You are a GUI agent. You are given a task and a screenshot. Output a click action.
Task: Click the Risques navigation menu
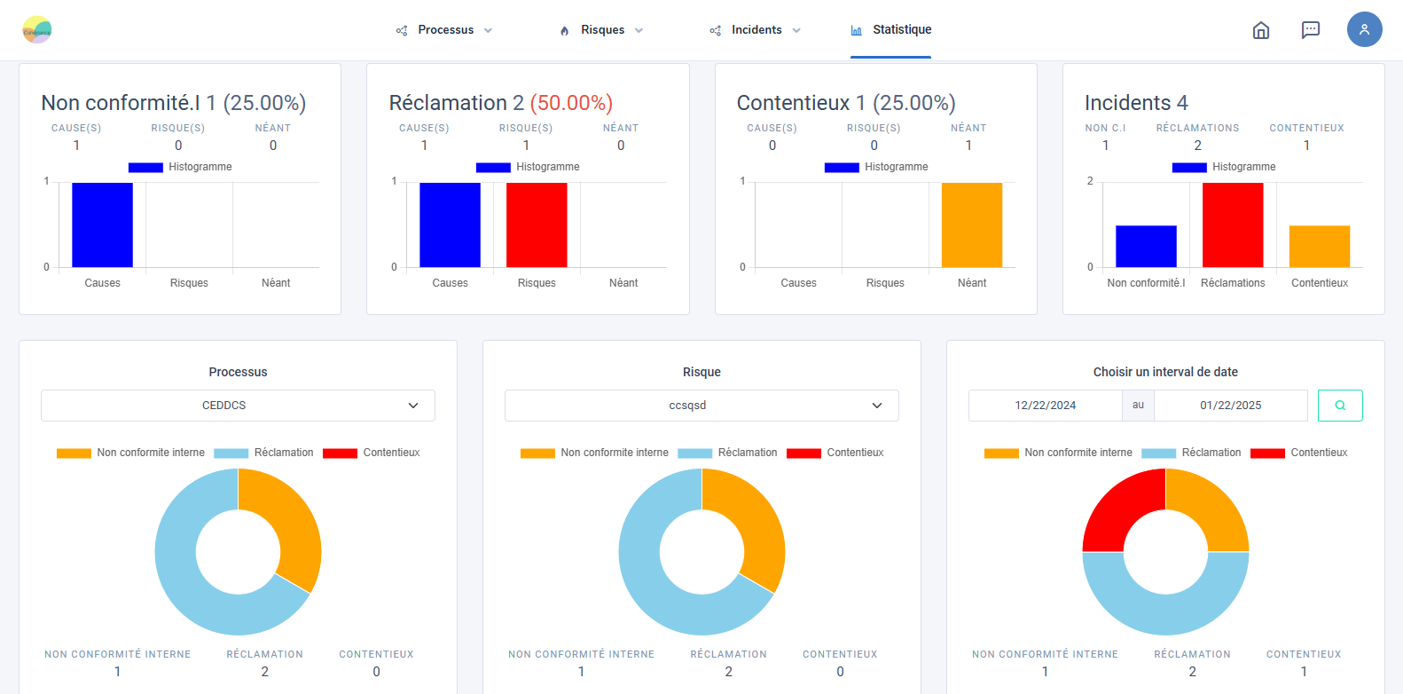(x=602, y=30)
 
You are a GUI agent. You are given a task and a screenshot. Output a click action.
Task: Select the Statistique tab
(x=891, y=30)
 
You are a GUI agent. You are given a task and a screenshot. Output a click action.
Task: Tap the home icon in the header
(x=1260, y=30)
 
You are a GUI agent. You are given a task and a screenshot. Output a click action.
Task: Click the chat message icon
(x=1310, y=30)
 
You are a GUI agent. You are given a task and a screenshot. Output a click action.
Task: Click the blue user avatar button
(x=1364, y=29)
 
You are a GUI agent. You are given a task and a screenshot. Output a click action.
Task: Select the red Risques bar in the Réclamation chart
(x=537, y=225)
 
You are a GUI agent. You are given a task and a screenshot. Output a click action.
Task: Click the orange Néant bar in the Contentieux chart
(x=972, y=225)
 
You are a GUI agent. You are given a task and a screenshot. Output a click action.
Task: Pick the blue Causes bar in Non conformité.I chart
(x=102, y=225)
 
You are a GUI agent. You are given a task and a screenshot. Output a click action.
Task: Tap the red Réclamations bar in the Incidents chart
(x=1233, y=225)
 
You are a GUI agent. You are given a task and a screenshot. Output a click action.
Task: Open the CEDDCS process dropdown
(x=238, y=406)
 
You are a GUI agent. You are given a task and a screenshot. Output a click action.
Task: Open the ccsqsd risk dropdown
(x=701, y=406)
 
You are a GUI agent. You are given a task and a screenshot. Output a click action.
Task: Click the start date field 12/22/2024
(x=1045, y=406)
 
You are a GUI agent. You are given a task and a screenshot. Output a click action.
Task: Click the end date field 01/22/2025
(x=1230, y=406)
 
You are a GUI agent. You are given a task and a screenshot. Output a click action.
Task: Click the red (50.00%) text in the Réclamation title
(x=571, y=103)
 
